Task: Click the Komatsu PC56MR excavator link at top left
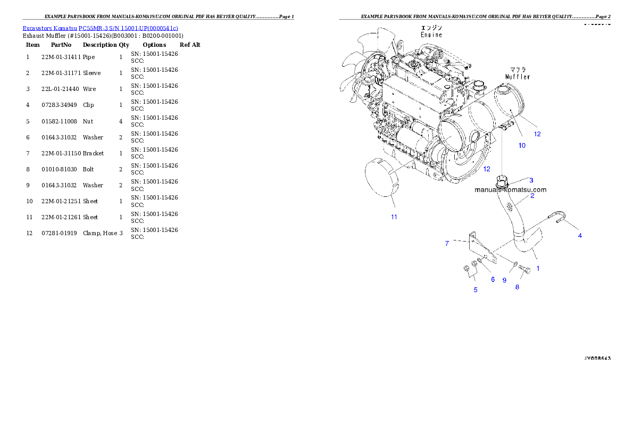[x=100, y=28]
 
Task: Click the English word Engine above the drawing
[x=431, y=35]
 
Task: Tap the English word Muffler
[x=517, y=77]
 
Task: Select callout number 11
[x=394, y=217]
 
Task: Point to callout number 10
[x=522, y=145]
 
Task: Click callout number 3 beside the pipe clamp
[x=531, y=180]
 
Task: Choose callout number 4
[x=580, y=235]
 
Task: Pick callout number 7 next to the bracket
[x=447, y=243]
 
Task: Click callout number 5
[x=476, y=290]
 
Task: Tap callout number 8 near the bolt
[x=517, y=287]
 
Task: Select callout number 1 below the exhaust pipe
[x=538, y=268]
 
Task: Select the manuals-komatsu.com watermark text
[x=510, y=189]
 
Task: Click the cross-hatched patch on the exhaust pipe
[x=511, y=205]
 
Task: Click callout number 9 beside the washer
[x=504, y=280]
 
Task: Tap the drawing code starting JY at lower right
[x=597, y=358]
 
